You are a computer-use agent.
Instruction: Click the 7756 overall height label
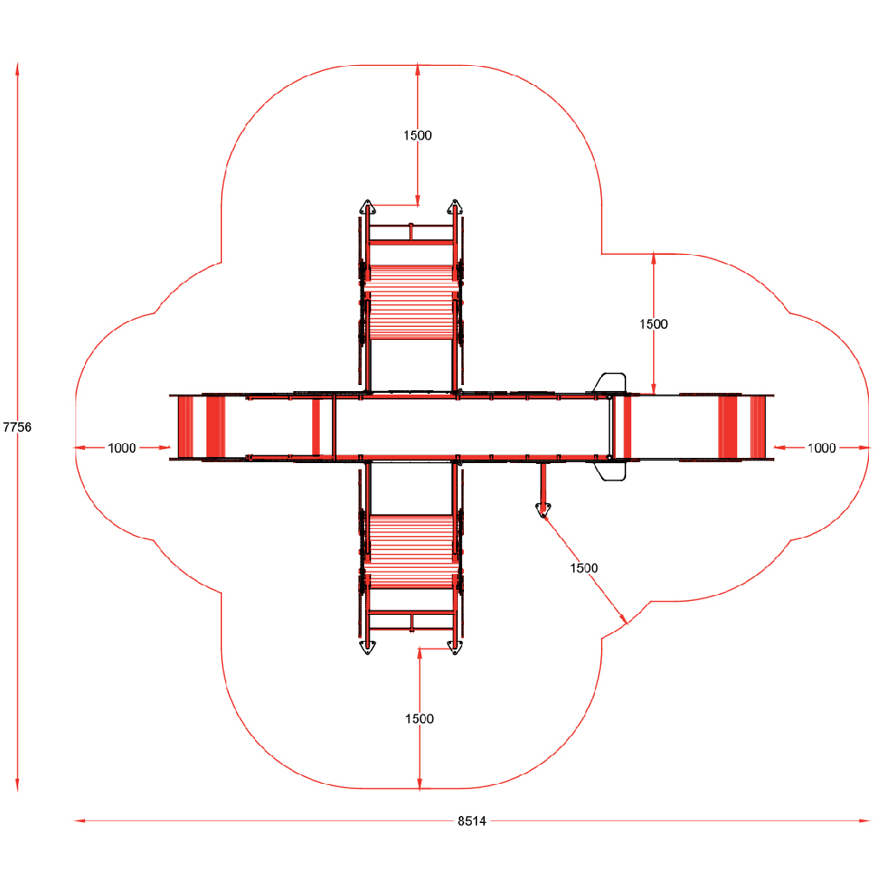17,427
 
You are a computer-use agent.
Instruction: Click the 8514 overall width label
472,820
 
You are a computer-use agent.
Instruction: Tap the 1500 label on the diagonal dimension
584,568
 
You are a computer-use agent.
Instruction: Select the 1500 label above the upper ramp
417,135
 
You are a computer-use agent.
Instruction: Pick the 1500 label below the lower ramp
419,719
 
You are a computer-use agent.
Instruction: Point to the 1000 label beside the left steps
121,448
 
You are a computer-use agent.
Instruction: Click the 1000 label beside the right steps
822,448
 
